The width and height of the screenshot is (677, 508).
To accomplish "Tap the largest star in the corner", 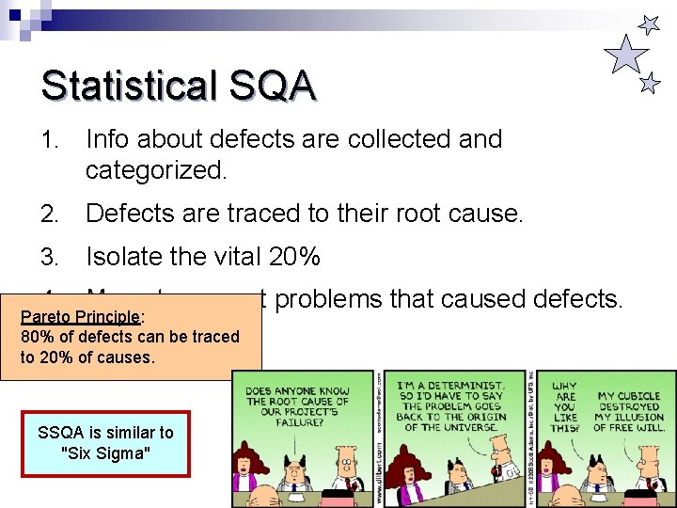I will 625,55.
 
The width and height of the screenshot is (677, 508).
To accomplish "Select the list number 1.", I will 50,139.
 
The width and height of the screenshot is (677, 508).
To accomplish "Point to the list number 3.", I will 50,256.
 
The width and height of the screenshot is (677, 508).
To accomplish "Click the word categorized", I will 157,170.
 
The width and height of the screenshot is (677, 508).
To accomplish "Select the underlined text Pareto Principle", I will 80,317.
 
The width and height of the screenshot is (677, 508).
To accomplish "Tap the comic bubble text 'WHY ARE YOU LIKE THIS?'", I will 565,406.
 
